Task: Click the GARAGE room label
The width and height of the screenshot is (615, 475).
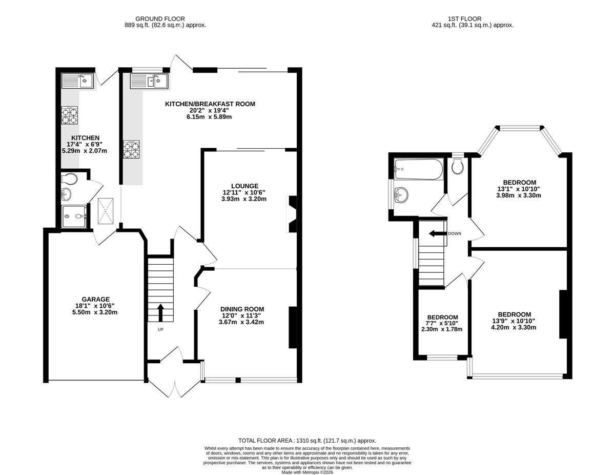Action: [95, 299]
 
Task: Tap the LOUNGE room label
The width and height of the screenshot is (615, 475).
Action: [245, 186]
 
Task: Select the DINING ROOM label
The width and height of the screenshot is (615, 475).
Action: [242, 309]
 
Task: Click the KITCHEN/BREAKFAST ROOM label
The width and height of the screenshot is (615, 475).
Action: [210, 104]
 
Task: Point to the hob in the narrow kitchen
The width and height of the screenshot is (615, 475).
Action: [70, 115]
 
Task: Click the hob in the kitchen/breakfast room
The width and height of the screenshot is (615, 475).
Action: [131, 149]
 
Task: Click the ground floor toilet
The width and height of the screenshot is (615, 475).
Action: [69, 179]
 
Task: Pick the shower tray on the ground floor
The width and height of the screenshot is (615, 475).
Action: [74, 216]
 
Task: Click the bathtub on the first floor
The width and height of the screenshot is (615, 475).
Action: [419, 169]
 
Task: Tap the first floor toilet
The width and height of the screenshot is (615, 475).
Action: [457, 167]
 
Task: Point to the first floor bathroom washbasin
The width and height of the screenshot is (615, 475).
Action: [401, 195]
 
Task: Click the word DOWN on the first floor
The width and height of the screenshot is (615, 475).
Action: [455, 234]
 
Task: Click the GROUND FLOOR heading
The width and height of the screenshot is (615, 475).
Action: [160, 18]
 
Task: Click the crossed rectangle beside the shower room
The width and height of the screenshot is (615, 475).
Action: [106, 211]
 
